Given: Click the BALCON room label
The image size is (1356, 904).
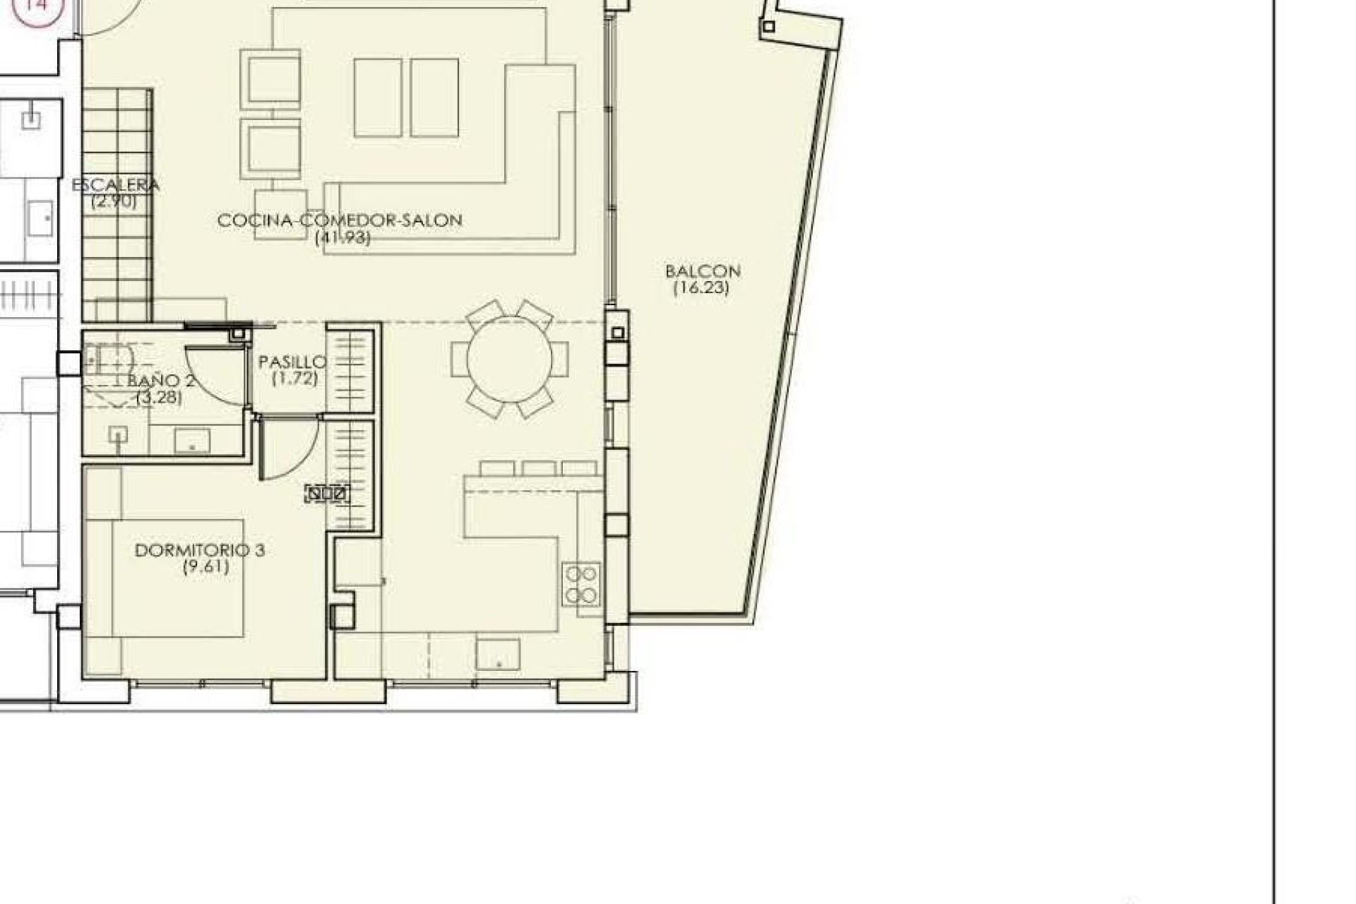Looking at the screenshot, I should pyautogui.click(x=703, y=271).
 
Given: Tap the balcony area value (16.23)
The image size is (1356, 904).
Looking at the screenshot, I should pyautogui.click(x=701, y=288).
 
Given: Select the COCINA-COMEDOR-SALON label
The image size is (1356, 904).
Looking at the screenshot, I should pyautogui.click(x=340, y=220).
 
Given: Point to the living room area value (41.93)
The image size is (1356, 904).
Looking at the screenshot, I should pyautogui.click(x=343, y=238).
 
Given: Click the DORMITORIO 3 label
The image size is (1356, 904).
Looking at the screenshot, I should pyautogui.click(x=200, y=550).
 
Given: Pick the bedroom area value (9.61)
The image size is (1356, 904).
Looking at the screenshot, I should pyautogui.click(x=206, y=567).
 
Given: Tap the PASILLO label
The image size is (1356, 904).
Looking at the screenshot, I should pyautogui.click(x=292, y=362).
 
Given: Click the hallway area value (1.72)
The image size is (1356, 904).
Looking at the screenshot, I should pyautogui.click(x=295, y=379).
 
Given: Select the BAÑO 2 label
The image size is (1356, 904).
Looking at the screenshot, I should pyautogui.click(x=162, y=381).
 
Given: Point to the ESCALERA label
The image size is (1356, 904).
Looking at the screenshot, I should pyautogui.click(x=116, y=185).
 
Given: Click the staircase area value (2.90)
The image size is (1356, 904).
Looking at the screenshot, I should pyautogui.click(x=114, y=201).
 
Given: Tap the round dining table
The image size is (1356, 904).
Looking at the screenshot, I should pyautogui.click(x=510, y=359).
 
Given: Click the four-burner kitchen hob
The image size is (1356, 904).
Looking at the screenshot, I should pyautogui.click(x=581, y=584).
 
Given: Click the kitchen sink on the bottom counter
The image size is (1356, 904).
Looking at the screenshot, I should pyautogui.click(x=498, y=655).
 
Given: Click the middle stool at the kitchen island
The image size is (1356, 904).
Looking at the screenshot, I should pyautogui.click(x=539, y=468).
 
